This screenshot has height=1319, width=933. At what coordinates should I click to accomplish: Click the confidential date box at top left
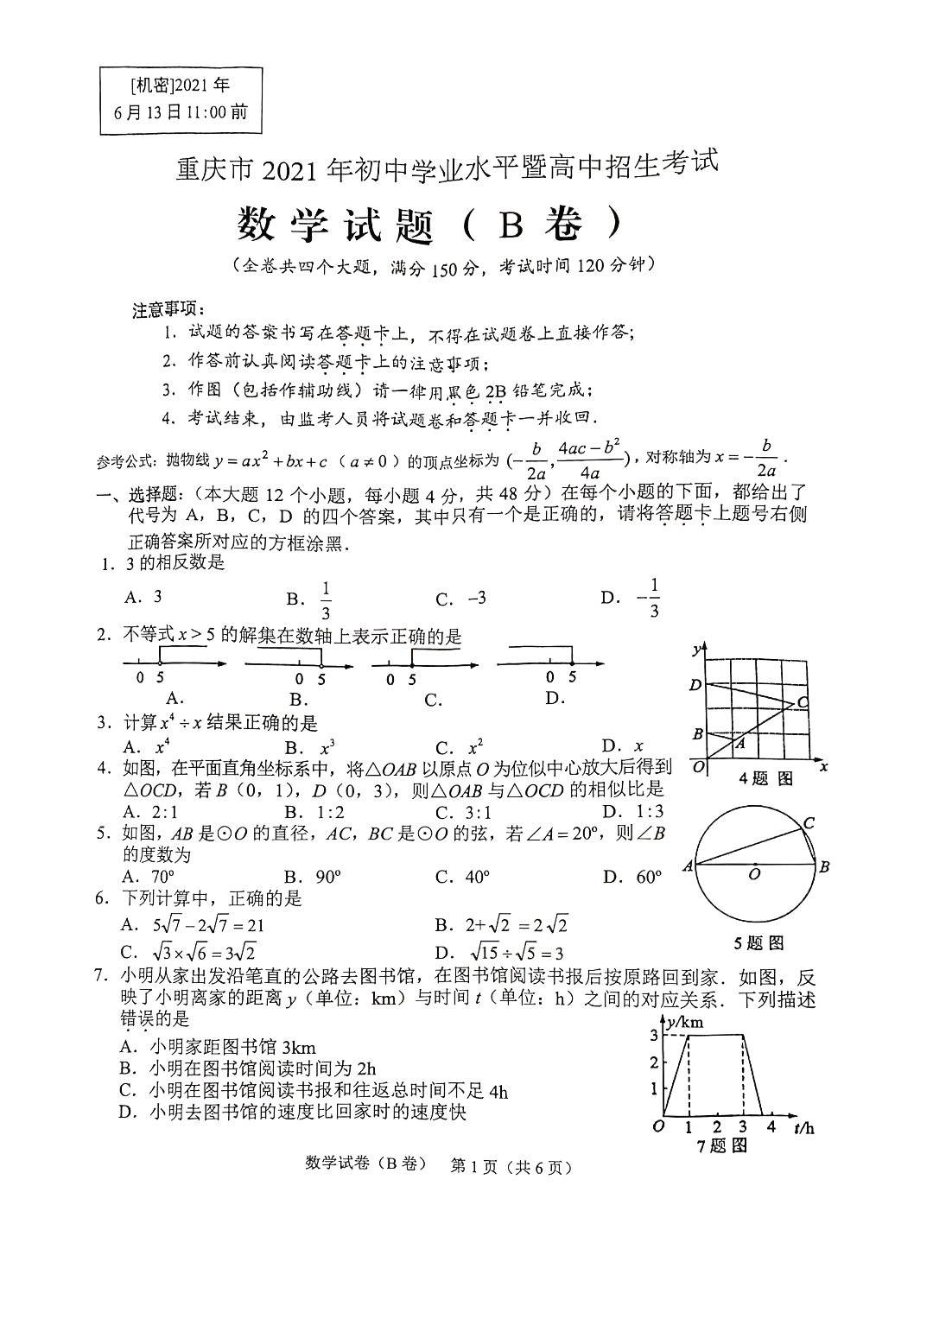(x=180, y=98)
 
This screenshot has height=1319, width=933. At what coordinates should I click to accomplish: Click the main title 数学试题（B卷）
(x=429, y=225)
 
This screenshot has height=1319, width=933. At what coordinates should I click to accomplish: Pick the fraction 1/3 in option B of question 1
(x=326, y=599)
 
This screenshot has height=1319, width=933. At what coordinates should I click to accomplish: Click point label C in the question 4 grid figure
(x=803, y=702)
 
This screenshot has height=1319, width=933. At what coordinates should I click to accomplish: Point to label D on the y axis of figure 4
(x=695, y=685)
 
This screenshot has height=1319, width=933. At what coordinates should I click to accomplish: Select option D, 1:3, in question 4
(x=633, y=811)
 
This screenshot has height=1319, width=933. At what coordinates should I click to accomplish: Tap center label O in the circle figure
(x=754, y=875)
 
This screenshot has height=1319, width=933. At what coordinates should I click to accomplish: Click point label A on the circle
(x=689, y=866)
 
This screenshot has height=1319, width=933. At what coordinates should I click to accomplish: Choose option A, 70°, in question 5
(x=150, y=877)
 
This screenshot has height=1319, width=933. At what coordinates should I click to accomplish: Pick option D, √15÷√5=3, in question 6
(x=499, y=953)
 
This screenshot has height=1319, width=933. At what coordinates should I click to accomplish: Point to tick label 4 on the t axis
(x=771, y=1126)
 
